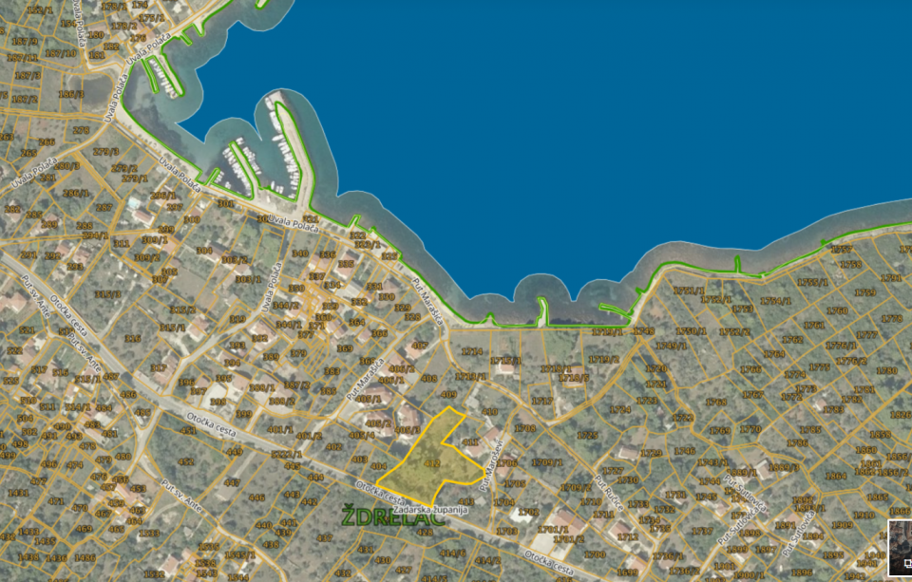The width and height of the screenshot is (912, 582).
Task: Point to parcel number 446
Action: pyautogui.click(x=256, y=498)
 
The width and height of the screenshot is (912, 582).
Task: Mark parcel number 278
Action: pyautogui.click(x=82, y=130)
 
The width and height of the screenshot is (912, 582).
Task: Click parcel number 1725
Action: pyautogui.click(x=587, y=436)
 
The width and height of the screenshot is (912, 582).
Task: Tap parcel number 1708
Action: pyautogui.click(x=524, y=428)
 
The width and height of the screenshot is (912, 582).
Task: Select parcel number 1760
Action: pyautogui.click(x=837, y=310)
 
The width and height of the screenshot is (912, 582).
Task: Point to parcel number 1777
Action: pyautogui.click(x=866, y=335)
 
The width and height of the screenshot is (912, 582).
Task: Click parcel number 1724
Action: pyautogui.click(x=471, y=352)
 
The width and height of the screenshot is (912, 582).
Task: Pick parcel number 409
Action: pyautogui.click(x=449, y=394)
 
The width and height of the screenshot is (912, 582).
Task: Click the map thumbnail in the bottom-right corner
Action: pyautogui.click(x=900, y=549)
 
